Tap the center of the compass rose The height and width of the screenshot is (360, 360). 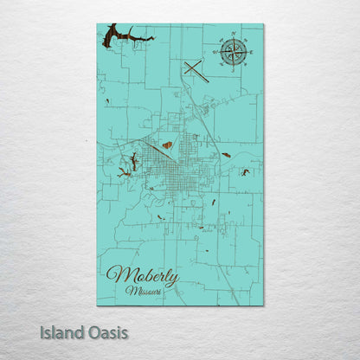point(232,51)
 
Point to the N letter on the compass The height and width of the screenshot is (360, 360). point(232,35)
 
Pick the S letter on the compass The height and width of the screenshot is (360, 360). point(232,67)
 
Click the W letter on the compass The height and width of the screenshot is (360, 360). point(216,51)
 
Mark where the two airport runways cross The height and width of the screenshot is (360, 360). point(196,70)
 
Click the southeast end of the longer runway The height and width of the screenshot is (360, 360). point(209,81)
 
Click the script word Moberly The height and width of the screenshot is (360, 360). point(143,277)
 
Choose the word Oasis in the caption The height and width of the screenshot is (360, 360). point(109,332)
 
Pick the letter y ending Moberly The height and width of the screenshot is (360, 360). point(174,280)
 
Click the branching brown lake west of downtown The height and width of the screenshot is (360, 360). point(132,162)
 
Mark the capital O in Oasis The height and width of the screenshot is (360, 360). point(95,332)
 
